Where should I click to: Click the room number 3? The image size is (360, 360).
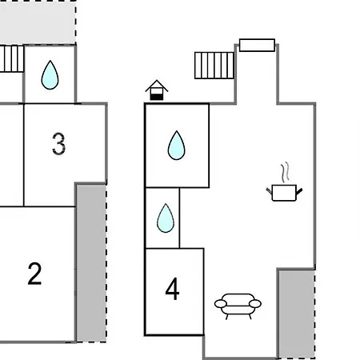(x=58, y=144)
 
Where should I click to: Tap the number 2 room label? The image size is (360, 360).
(x=34, y=274)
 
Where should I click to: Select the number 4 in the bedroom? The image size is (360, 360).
(x=172, y=289)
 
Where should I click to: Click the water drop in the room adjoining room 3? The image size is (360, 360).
(x=50, y=75)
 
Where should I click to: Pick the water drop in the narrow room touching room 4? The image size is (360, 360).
(x=166, y=218)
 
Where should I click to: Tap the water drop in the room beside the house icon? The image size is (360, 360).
(x=177, y=146)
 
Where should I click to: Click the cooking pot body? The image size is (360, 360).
(x=284, y=193)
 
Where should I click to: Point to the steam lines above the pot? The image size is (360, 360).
(x=285, y=172)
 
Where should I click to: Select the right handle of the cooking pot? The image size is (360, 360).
(x=299, y=191)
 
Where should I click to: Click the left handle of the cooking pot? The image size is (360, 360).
(x=269, y=190)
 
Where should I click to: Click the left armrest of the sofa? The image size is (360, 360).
(x=221, y=303)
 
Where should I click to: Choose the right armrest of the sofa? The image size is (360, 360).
(x=255, y=303)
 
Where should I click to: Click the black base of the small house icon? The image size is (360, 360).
(x=157, y=97)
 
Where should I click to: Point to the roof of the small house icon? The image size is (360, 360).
(x=157, y=86)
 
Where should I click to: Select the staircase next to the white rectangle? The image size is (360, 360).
(x=214, y=66)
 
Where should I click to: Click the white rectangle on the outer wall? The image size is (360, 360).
(x=257, y=45)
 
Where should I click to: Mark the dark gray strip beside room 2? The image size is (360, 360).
(x=91, y=262)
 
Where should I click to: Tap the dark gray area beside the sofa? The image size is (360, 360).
(x=297, y=314)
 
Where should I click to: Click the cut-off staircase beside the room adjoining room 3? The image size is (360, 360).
(x=12, y=58)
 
